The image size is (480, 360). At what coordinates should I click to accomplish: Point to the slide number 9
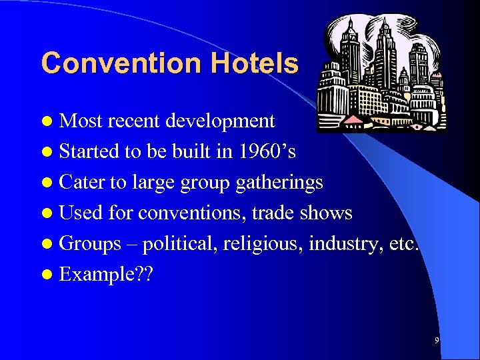pyautogui.click(x=437, y=341)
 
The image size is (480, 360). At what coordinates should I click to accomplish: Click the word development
pyautogui.click(x=220, y=121)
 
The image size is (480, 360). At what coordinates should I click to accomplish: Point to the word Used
pyautogui.click(x=80, y=213)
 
